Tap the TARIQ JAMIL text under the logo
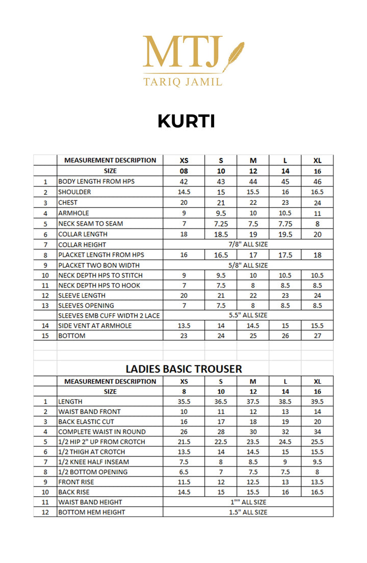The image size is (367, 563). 183,82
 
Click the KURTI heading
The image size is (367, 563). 186,121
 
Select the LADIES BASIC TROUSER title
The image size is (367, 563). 184,368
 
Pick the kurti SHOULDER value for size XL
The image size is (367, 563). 317,192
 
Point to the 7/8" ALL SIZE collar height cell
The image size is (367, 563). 248,244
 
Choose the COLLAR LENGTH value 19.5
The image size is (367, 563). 285,234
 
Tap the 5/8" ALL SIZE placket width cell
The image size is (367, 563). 248,265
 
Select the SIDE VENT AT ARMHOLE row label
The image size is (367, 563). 95,325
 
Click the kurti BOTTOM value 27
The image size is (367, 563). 317,336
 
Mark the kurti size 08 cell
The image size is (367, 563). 183,171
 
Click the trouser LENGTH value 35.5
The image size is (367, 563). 183,402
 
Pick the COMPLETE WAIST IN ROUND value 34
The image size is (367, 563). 317,432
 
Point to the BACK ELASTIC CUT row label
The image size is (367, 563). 86,422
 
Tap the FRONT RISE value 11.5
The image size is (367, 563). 183,482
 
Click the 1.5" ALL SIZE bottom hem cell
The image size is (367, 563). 248,512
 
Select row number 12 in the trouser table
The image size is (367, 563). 45,512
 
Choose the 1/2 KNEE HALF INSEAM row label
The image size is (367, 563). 93,462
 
